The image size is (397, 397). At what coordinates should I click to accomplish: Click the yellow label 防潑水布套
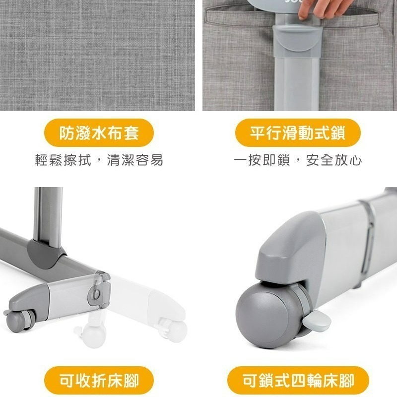click(99, 132)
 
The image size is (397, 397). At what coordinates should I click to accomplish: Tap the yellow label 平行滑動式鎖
click(298, 132)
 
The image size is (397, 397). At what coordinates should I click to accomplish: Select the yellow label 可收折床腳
click(99, 380)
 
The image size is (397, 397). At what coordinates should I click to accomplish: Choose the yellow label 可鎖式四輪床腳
click(298, 380)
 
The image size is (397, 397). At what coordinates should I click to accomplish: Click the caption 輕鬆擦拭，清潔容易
click(99, 160)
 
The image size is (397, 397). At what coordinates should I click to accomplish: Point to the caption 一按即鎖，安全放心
click(298, 160)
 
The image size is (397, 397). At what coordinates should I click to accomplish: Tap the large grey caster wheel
click(269, 314)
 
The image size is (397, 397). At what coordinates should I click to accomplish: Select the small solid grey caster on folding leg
click(18, 320)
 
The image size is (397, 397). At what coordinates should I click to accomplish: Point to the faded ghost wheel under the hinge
click(92, 331)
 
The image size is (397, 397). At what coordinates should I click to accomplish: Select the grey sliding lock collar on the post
click(297, 41)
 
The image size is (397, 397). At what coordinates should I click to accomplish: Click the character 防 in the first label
click(66, 133)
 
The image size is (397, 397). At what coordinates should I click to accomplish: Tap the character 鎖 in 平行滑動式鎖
click(338, 133)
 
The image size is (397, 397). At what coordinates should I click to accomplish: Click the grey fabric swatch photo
click(97, 56)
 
